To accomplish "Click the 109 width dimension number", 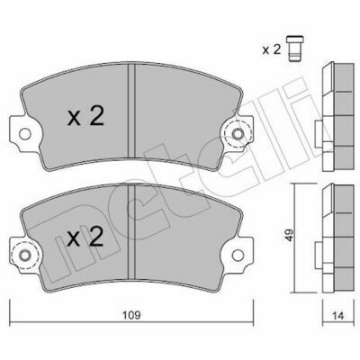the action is click(131, 315).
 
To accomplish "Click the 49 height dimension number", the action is click(290, 236).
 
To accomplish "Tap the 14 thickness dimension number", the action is click(338, 316).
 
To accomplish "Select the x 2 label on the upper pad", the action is click(85, 116).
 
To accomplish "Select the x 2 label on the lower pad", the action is click(85, 237).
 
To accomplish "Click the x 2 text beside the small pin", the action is click(272, 49).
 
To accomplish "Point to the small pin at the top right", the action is click(295, 49).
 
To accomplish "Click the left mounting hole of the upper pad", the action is click(24, 134).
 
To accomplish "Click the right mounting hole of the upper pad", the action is click(238, 134).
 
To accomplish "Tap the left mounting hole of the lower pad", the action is click(24, 256).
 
